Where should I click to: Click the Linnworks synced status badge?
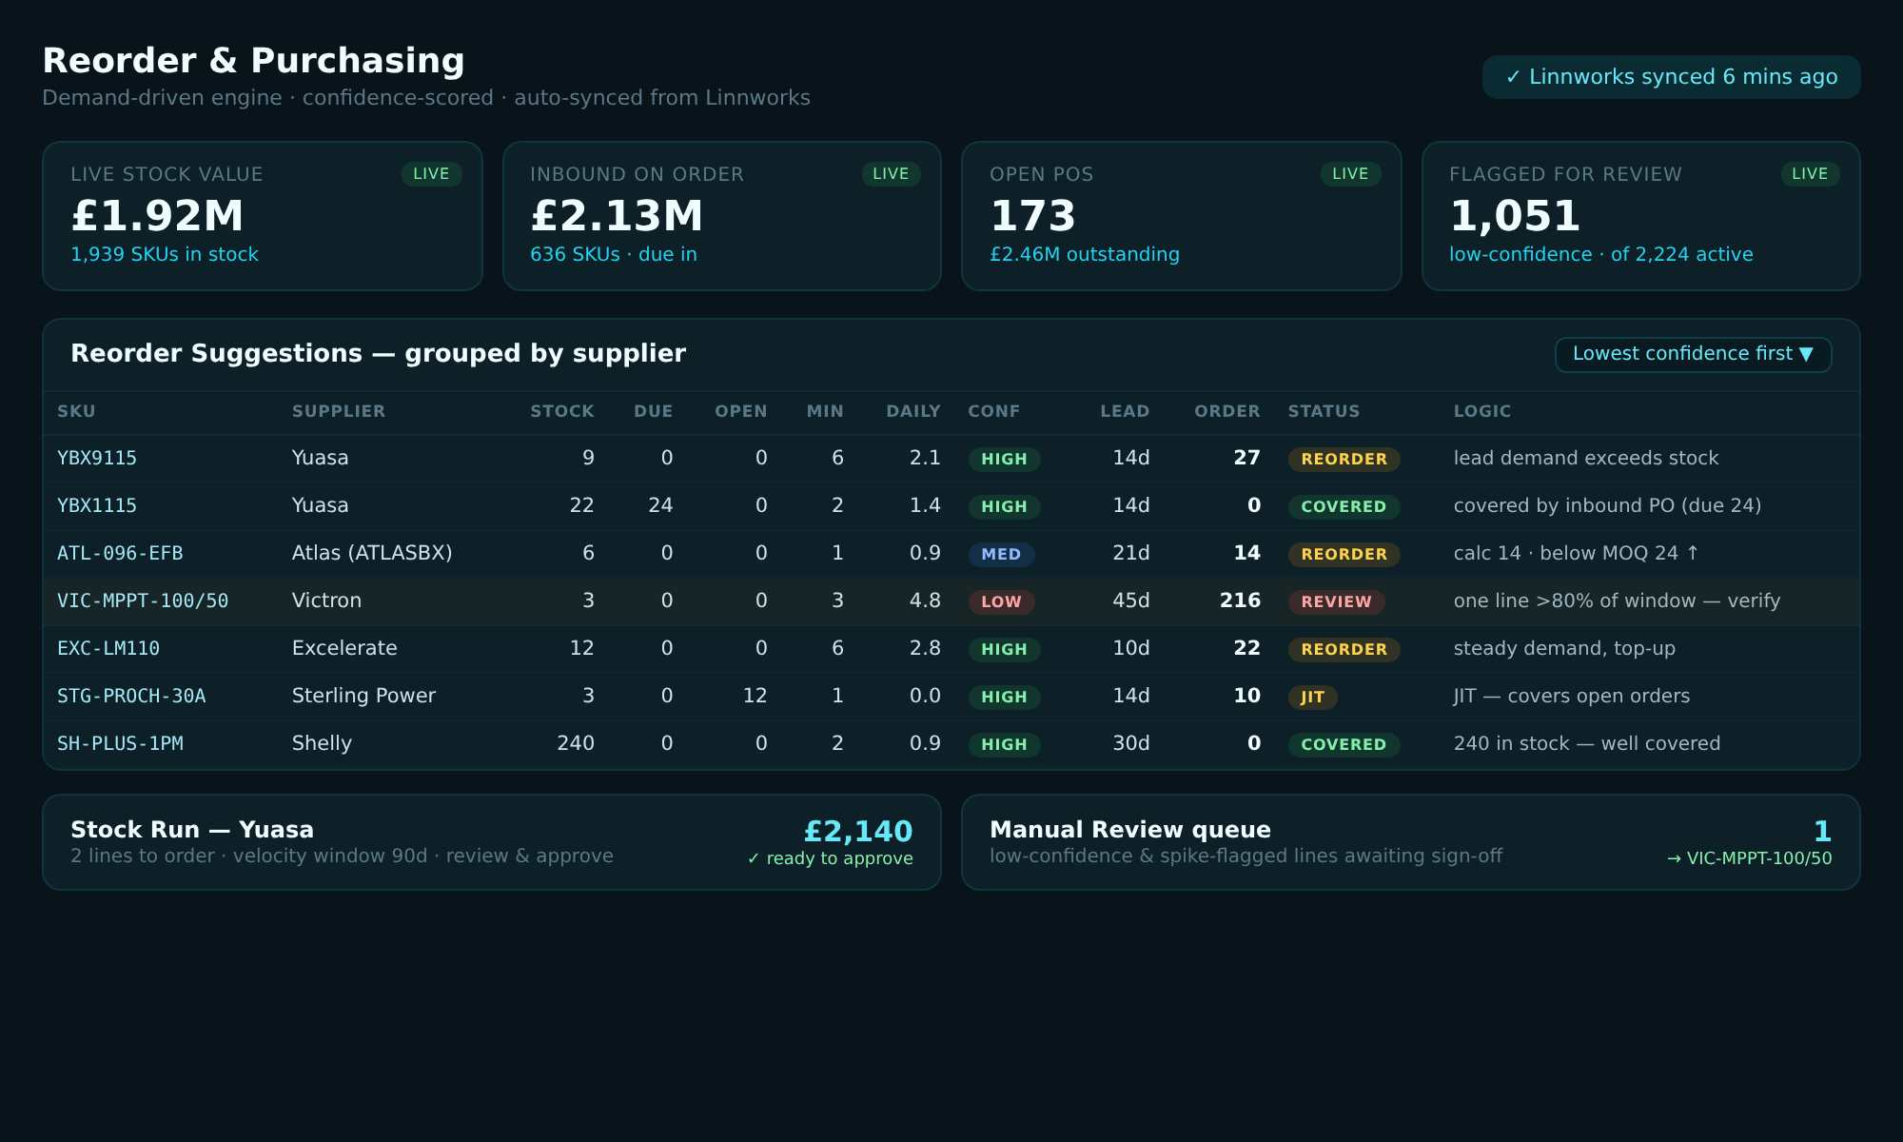click(x=1671, y=77)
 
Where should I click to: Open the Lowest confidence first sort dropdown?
click(x=1693, y=354)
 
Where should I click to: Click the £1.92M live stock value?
click(x=157, y=216)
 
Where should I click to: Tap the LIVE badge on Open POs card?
click(x=1350, y=174)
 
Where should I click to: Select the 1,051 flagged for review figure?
click(x=1515, y=216)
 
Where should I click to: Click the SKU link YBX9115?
click(x=97, y=458)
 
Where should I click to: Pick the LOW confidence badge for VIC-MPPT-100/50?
click(x=1001, y=601)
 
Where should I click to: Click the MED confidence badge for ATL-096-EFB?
click(x=1001, y=554)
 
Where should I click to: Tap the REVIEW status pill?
click(x=1336, y=601)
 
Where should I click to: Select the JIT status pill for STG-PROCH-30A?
click(x=1312, y=697)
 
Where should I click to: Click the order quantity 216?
click(x=1240, y=601)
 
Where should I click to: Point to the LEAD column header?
click(x=1125, y=411)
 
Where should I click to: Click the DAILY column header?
click(x=913, y=411)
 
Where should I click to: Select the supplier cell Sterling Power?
click(x=363, y=696)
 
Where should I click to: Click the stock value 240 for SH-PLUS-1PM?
click(x=576, y=743)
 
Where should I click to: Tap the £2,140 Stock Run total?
click(x=858, y=832)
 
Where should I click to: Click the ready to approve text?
click(x=830, y=858)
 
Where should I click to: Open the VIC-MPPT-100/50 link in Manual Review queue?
click(x=1749, y=858)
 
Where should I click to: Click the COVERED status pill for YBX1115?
click(x=1344, y=506)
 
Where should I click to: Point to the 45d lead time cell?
click(x=1131, y=601)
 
